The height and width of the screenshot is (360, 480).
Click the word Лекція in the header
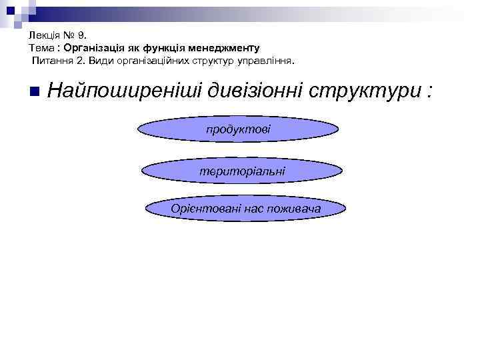(x=44, y=36)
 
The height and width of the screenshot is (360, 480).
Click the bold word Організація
(x=92, y=48)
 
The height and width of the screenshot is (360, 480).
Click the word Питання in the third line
(x=51, y=61)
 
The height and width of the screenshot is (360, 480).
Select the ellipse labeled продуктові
(x=239, y=128)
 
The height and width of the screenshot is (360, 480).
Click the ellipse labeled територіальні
(x=242, y=171)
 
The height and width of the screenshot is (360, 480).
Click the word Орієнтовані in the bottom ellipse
(x=199, y=209)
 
